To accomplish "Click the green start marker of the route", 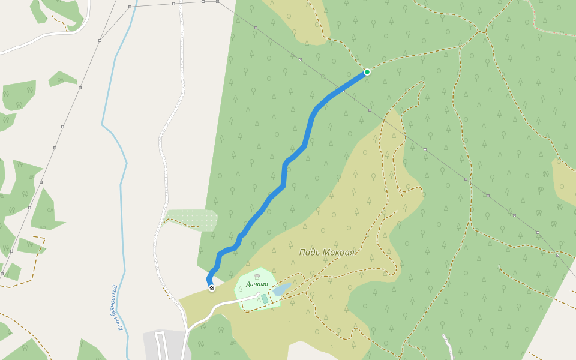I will pyautogui.click(x=367, y=72).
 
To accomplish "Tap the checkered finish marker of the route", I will pyautogui.click(x=211, y=288).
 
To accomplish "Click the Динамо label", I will pyautogui.click(x=257, y=284).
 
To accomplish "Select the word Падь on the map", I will pyautogui.click(x=311, y=252).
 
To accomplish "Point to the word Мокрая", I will pyautogui.click(x=340, y=252).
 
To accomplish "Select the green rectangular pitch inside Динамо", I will pyautogui.click(x=265, y=298).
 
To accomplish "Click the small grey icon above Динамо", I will pyautogui.click(x=257, y=276).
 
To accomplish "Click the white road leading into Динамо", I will pyautogui.click(x=222, y=305).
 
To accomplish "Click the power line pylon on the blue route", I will pyautogui.click(x=343, y=91).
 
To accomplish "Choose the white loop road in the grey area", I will pyautogui.click(x=161, y=345).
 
